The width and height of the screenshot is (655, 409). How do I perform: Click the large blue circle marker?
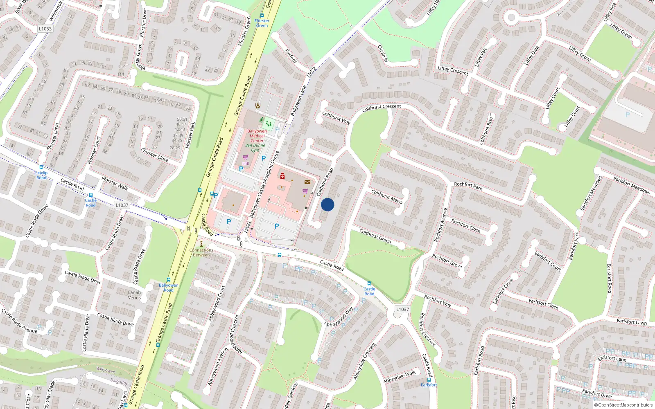(x=327, y=204)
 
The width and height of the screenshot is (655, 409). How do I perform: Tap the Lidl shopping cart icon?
(x=245, y=157)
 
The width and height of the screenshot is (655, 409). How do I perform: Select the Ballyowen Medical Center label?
(x=257, y=136)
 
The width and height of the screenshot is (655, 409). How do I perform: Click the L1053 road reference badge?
(x=45, y=29)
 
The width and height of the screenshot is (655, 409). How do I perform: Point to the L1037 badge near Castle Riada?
(x=122, y=205)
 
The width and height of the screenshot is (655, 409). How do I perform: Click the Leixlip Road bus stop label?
(x=41, y=175)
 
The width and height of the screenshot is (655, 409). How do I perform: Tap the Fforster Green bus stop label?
(x=262, y=23)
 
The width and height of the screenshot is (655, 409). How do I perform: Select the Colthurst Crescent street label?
(x=382, y=108)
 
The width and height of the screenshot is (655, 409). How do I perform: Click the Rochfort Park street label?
(x=468, y=186)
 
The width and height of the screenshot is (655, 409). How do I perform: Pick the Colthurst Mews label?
(x=386, y=196)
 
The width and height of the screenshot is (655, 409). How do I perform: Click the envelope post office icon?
(x=307, y=182)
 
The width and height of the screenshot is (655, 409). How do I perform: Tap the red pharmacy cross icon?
(x=282, y=176)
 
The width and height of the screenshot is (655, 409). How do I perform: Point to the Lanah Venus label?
(x=134, y=295)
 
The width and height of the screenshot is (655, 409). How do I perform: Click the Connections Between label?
(x=201, y=252)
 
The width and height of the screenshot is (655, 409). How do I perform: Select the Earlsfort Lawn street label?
(x=632, y=322)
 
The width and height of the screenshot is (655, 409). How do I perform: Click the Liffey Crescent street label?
(x=453, y=70)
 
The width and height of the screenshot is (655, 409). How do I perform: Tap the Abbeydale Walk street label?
(x=399, y=377)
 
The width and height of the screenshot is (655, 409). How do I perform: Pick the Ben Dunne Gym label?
(x=255, y=148)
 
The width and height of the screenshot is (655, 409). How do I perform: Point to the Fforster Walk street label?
(x=115, y=183)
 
